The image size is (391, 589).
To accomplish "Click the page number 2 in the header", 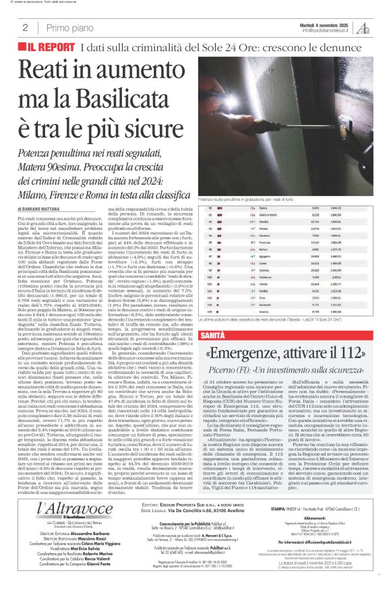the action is (x=25, y=28).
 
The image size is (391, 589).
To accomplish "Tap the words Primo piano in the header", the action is (x=67, y=28).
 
